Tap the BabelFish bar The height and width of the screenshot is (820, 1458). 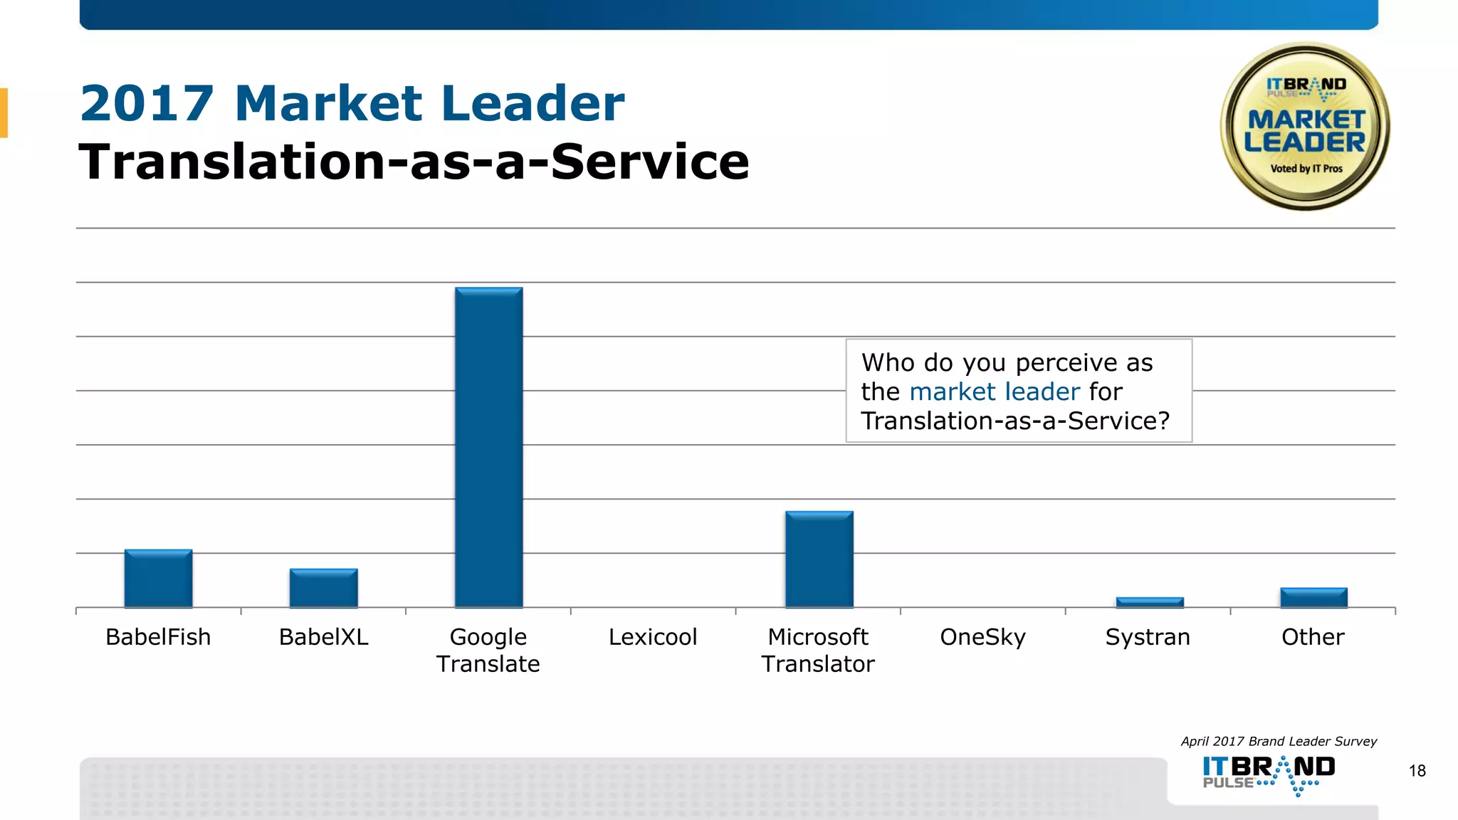point(158,578)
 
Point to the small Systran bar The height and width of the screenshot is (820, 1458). point(1149,602)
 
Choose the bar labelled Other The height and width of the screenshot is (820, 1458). point(1313,597)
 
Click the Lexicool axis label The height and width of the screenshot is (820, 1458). point(653,636)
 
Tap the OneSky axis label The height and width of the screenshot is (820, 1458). point(982,636)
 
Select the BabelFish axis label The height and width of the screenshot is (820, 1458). point(158,636)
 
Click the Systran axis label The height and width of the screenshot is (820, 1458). point(1148,636)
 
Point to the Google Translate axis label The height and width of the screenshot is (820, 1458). point(488,650)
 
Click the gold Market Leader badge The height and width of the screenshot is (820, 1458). point(1305,127)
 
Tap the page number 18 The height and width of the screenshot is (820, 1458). point(1417,771)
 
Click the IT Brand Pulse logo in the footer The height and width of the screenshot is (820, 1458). point(1269,774)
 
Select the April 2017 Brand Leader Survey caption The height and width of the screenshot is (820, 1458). point(1279,741)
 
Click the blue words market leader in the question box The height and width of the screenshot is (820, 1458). point(995,391)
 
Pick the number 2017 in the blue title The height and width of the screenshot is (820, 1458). point(147,103)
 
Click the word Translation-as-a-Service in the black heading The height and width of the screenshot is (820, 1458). point(414,162)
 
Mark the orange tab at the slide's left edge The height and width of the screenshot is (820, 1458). point(4,112)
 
